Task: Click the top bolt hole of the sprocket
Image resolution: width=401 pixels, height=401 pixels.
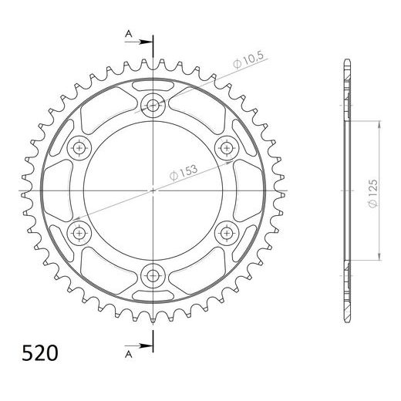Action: click(153, 106)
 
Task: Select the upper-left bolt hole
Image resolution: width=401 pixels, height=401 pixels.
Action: click(80, 147)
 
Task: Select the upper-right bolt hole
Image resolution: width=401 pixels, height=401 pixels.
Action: click(227, 147)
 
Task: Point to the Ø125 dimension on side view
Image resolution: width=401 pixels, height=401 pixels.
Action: click(373, 190)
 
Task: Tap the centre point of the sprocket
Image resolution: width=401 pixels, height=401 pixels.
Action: click(153, 190)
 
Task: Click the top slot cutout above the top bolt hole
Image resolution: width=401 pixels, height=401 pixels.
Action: click(153, 84)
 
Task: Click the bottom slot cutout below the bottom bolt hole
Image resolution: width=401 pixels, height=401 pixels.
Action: click(153, 295)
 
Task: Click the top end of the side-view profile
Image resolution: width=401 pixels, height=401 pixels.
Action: click(344, 60)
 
